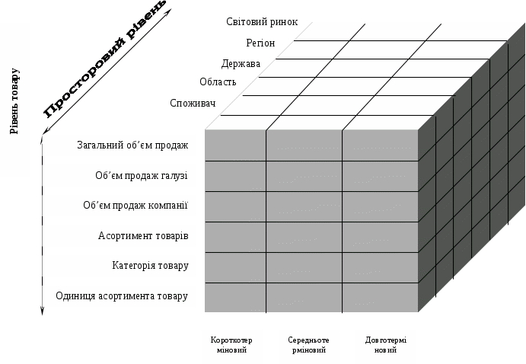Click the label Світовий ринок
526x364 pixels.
click(262, 22)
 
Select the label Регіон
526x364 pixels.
click(261, 43)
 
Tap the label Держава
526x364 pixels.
click(241, 63)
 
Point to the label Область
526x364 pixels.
click(218, 82)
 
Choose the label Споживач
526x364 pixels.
click(193, 103)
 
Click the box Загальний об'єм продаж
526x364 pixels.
click(120, 145)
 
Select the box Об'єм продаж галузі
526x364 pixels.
click(120, 176)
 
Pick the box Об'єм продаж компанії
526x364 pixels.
click(120, 205)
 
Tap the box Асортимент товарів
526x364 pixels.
click(120, 235)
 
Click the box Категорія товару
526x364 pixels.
click(120, 266)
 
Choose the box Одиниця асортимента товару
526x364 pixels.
click(120, 295)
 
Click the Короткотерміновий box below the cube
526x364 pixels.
click(231, 345)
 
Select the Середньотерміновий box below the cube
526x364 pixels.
click(307, 345)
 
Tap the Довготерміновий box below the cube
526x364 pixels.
click(385, 345)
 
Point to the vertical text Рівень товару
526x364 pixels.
click(14, 101)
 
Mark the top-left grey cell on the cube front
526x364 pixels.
click(235, 145)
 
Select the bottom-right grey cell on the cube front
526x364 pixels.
click(380, 296)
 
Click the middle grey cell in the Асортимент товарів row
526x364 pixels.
click(304, 237)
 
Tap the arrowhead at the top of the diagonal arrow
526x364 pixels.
click(169, 11)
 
